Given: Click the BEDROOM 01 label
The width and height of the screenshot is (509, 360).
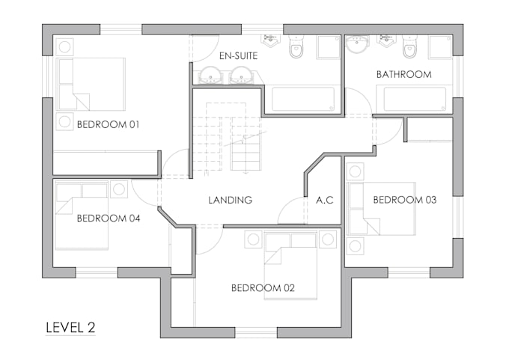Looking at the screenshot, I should (x=108, y=124).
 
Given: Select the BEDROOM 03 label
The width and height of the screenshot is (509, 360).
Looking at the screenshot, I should (x=405, y=200).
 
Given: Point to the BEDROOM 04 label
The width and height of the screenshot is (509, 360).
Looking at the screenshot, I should (x=108, y=219).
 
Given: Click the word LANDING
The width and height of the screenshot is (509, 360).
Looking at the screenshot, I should (x=230, y=200).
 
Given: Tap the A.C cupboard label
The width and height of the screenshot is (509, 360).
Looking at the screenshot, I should (x=324, y=200).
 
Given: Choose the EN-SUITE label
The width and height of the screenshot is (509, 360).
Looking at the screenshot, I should (x=238, y=55).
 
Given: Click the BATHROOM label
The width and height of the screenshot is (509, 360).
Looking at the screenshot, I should (x=403, y=74).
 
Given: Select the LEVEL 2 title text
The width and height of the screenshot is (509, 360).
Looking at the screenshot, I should (x=70, y=327).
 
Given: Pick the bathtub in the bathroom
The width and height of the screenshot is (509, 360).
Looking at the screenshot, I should (x=415, y=100).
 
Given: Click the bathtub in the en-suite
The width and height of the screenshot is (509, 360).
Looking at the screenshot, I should (x=302, y=99).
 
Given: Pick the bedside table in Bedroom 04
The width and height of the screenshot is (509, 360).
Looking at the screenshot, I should (x=118, y=190).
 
